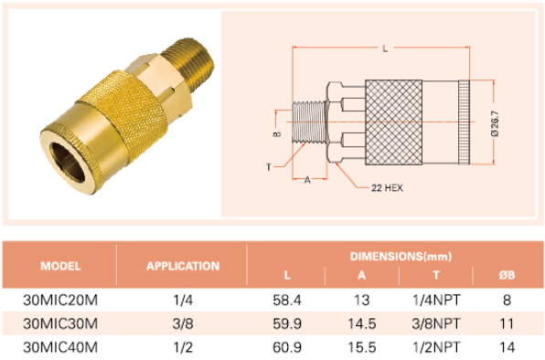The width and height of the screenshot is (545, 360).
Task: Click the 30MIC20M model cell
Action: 60,300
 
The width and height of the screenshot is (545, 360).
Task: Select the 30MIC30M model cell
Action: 60,323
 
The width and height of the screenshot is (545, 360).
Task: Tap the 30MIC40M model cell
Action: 60,347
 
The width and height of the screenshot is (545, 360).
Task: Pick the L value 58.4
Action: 287,300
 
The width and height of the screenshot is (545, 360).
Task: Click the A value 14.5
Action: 362,323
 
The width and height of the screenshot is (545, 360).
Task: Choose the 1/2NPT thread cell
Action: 436,347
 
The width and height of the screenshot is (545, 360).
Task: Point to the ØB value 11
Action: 507,323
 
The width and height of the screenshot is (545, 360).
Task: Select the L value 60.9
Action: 287,347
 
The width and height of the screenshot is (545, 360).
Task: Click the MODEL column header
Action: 60,266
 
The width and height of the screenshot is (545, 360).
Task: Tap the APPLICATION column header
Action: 183,266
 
